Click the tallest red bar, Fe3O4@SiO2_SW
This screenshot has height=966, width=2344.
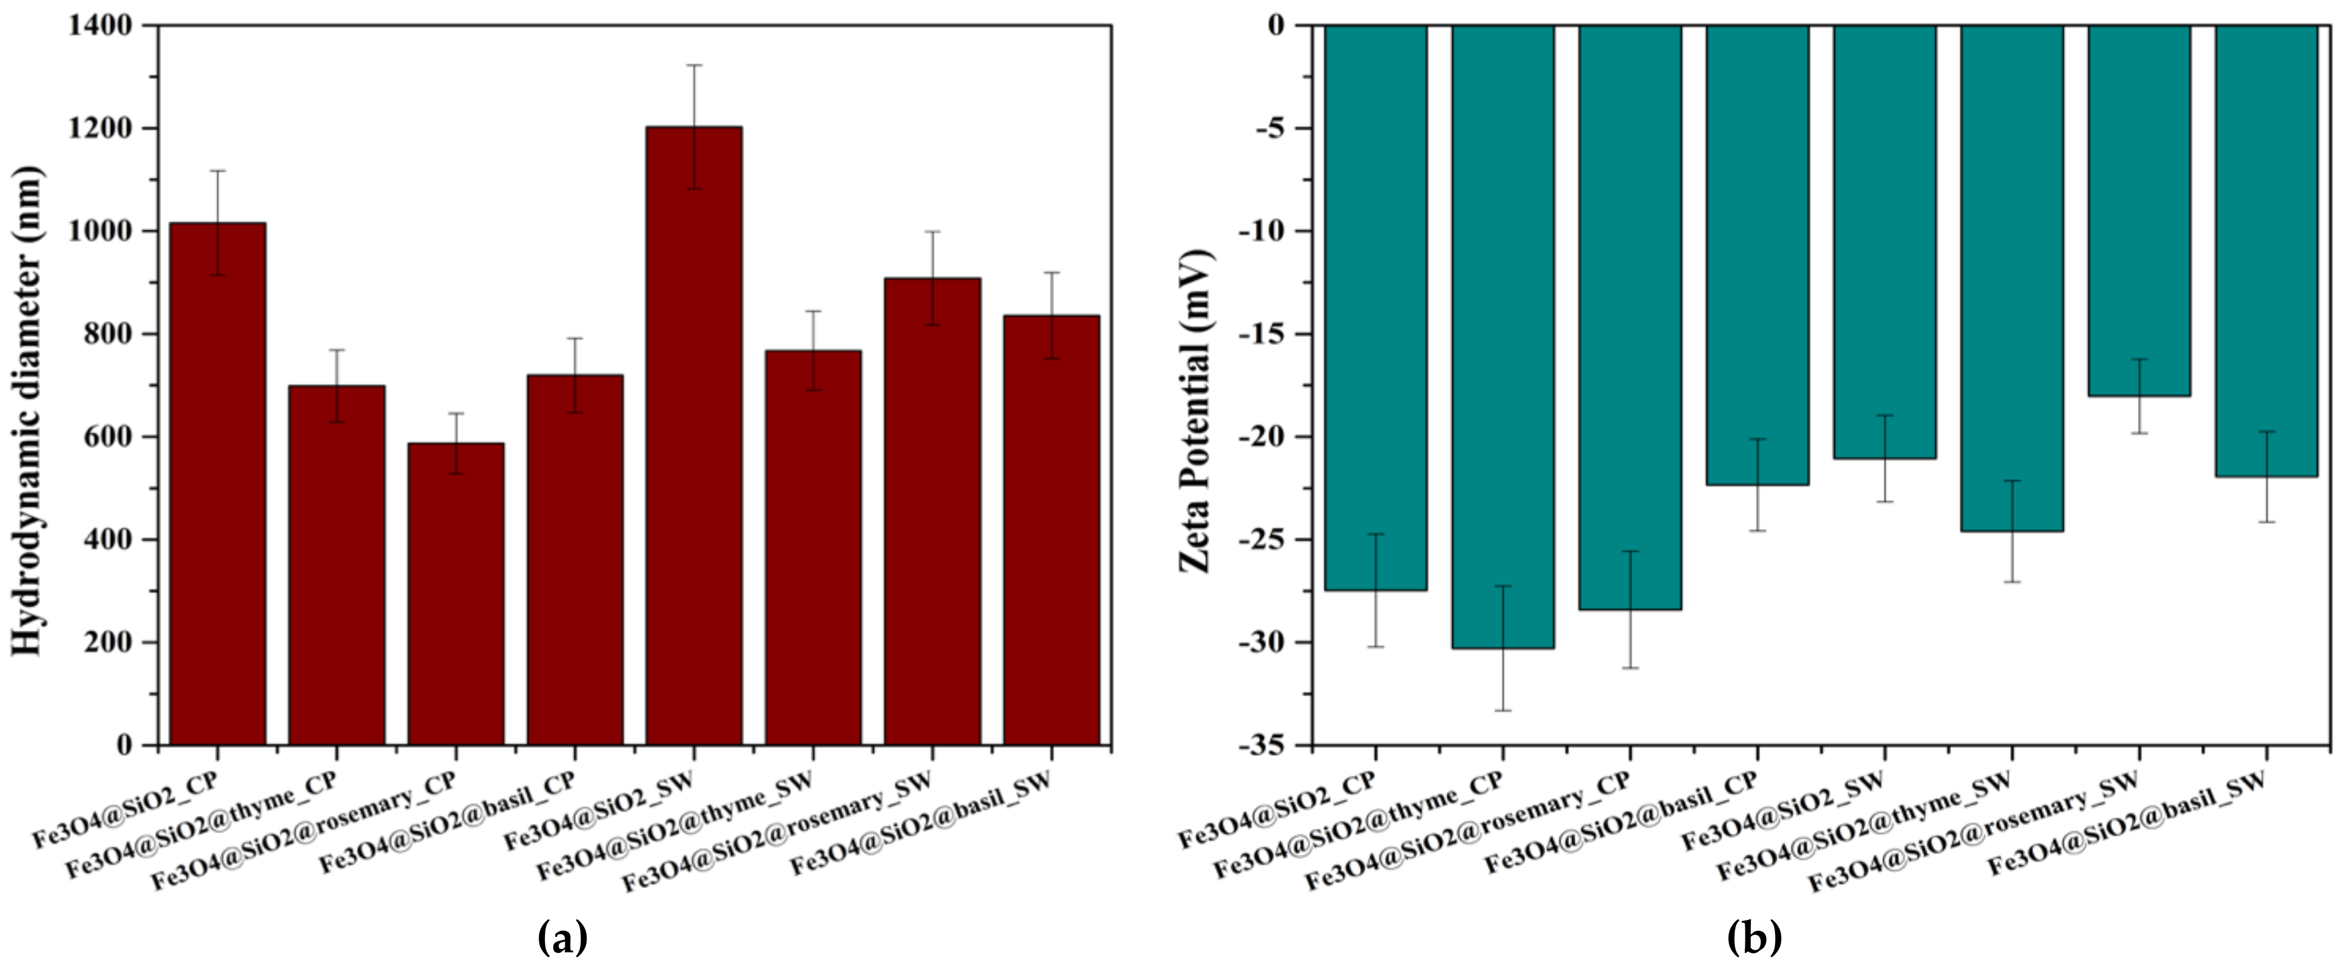tap(694, 436)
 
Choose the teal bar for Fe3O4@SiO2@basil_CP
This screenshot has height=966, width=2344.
tap(1757, 255)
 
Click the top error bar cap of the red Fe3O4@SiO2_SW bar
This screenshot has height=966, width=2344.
tap(694, 65)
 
